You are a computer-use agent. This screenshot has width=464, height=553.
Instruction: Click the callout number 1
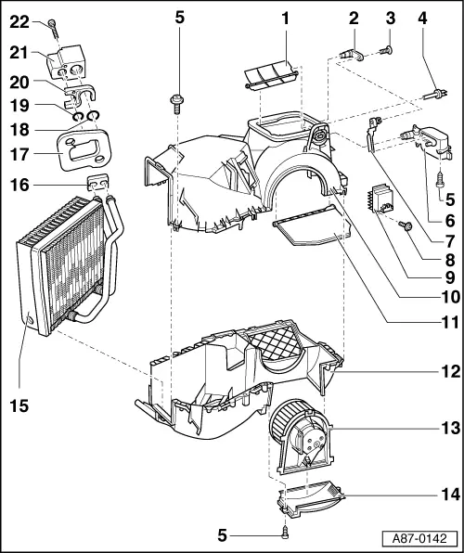(286, 18)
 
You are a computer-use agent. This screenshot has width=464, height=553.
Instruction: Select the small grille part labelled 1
(268, 75)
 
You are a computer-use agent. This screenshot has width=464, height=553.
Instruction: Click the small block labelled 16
(99, 184)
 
